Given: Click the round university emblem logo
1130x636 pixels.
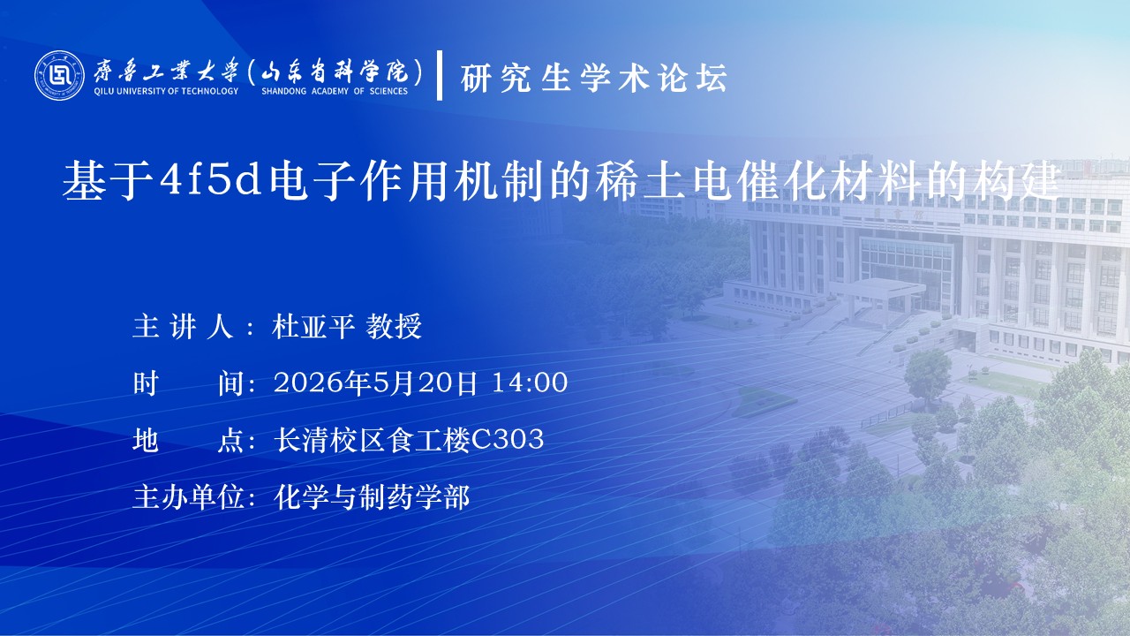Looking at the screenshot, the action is tap(59, 75).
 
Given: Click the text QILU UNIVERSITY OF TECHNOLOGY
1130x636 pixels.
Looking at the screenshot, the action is tap(166, 91).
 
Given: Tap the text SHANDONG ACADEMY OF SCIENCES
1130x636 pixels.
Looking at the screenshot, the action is tap(335, 91).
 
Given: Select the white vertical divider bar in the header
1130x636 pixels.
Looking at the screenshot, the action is tap(440, 75).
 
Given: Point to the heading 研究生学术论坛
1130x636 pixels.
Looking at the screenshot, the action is tap(594, 79).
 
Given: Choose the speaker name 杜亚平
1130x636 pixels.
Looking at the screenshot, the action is tap(313, 326).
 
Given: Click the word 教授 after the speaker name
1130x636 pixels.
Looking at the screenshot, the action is tap(394, 326).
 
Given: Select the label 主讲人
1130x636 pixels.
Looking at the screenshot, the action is tap(183, 326).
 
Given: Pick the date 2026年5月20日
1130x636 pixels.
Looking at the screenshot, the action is tap(375, 382).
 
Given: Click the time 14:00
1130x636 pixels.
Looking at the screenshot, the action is tap(530, 382).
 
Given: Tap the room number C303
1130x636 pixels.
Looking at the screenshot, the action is tap(507, 439).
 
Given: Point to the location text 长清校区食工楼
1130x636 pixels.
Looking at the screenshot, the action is tap(372, 440).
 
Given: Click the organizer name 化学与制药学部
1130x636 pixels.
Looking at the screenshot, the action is tap(372, 496).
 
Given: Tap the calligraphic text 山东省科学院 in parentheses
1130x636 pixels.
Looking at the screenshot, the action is tap(335, 72).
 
